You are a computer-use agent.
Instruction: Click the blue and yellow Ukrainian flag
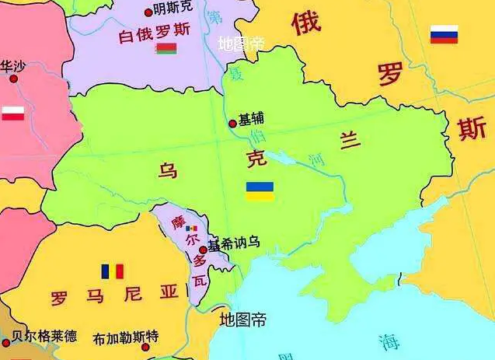260,191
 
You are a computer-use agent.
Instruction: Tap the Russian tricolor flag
444,34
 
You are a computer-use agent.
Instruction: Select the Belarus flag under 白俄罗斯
166,49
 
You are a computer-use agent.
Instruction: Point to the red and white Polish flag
12,113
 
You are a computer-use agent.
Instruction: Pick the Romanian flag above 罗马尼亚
113,271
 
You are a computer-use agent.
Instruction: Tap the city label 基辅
251,120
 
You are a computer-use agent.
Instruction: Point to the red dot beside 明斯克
149,12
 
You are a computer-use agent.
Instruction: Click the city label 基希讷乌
234,243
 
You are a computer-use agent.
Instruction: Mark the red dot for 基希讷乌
204,250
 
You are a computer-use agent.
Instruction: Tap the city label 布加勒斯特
126,337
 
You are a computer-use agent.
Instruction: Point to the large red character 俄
306,24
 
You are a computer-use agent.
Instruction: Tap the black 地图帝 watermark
243,319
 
